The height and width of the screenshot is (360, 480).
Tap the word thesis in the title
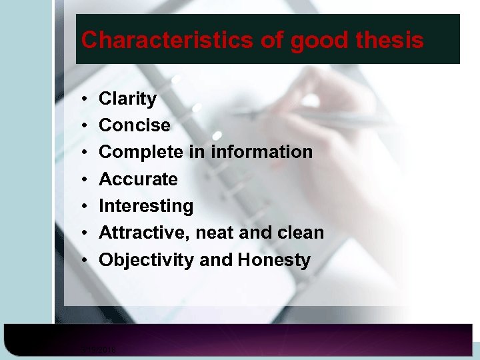tap(390, 40)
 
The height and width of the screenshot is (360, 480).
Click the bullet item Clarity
tap(127, 99)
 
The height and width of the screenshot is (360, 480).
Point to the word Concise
tap(134, 125)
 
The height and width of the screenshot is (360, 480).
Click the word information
tap(261, 152)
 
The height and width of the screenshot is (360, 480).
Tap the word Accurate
tap(138, 179)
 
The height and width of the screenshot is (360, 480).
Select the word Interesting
tap(146, 206)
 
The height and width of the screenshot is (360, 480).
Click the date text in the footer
tap(98, 348)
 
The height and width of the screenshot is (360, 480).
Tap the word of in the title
tap(271, 40)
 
